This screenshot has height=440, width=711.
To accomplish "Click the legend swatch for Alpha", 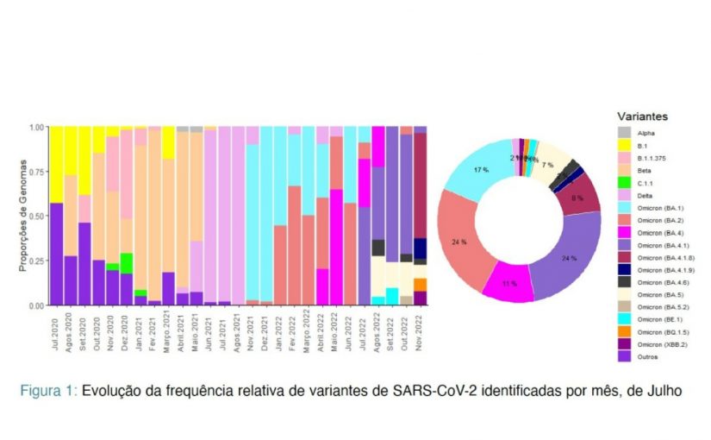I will [625, 133].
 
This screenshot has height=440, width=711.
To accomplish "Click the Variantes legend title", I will [643, 116].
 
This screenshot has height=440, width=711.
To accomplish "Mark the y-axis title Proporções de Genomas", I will [23, 216].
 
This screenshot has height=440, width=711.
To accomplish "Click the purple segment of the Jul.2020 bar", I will [56, 254].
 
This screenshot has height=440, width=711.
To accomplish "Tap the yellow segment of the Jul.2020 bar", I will [56, 164].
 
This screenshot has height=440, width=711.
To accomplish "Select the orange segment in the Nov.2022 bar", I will [421, 284].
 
